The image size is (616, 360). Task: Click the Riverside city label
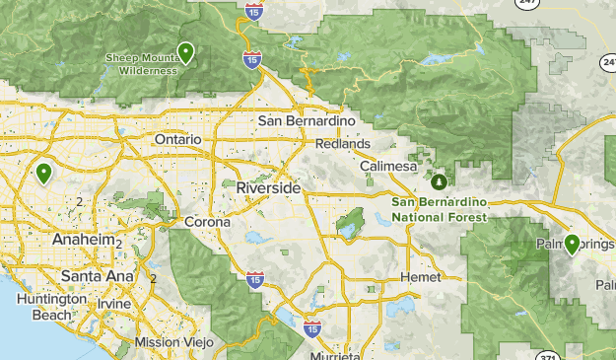tap(268, 187)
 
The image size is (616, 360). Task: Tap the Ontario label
tap(178, 140)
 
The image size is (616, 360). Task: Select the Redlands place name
tap(342, 144)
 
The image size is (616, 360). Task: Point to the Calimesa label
tap(388, 167)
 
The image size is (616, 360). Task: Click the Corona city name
tap(208, 222)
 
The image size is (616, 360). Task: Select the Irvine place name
tap(113, 303)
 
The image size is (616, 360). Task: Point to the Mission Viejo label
tap(171, 341)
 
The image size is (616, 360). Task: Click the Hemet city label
tap(422, 278)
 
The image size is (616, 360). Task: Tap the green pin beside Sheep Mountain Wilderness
tap(185, 52)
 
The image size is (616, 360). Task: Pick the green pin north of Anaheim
tap(43, 173)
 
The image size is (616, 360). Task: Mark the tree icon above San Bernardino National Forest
tap(439, 182)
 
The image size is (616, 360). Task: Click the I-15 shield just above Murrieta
tap(312, 326)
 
